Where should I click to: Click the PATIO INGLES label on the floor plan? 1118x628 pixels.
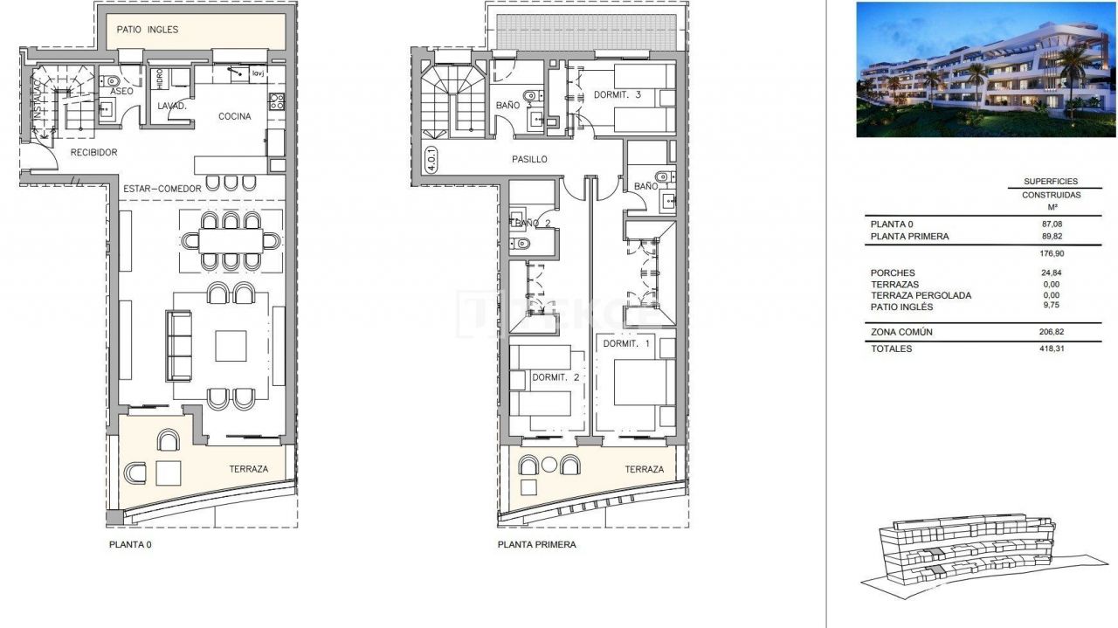point(148,30)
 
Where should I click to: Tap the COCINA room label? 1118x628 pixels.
point(234,117)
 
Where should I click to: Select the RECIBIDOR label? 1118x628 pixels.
point(93,153)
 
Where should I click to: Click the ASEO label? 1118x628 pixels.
point(122,92)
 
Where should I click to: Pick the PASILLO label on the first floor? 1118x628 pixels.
point(529,160)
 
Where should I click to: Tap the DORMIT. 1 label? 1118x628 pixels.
point(627,343)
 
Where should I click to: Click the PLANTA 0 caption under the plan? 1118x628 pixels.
point(130,543)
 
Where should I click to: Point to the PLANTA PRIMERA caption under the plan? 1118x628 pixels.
point(536,544)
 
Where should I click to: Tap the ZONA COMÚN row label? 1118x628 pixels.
point(901,332)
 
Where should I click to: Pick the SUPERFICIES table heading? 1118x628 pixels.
point(1052,182)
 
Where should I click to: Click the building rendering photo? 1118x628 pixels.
point(985,70)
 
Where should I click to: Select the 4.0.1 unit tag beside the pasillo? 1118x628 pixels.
point(432,161)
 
